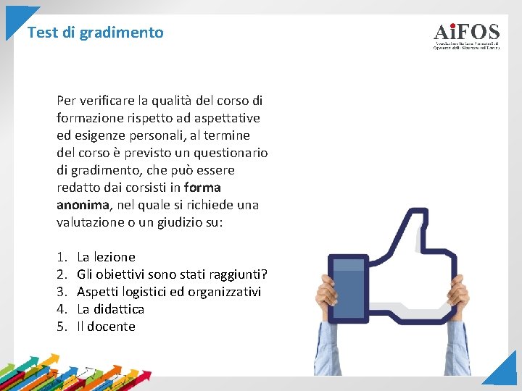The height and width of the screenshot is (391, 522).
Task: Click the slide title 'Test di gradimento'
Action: pos(95,33)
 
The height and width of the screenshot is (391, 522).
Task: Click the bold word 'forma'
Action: pos(203,188)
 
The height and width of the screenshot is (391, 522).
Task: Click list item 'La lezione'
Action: pos(106,257)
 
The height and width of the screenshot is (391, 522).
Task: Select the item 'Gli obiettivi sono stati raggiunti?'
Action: pos(172,274)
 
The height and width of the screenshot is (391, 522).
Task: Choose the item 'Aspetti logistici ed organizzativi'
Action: pos(168,292)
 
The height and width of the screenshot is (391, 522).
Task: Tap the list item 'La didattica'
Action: pos(110,309)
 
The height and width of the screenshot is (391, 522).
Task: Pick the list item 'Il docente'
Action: pos(106,327)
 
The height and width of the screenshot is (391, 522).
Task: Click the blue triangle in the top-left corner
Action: pos(16,19)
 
